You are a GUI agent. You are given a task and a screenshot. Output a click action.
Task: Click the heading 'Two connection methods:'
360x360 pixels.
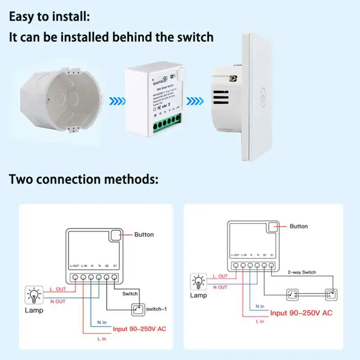tap(84, 179)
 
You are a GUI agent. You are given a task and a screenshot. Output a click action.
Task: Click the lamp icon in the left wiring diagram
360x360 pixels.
tap(34, 295)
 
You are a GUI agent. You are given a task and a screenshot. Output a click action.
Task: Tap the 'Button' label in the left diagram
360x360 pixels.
tap(144, 234)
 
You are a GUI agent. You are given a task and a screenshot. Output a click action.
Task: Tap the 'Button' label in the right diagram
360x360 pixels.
tap(299, 226)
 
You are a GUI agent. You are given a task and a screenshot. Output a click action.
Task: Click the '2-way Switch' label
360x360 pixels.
tap(302, 272)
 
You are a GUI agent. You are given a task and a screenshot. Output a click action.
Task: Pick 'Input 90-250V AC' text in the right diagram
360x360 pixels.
tap(301, 313)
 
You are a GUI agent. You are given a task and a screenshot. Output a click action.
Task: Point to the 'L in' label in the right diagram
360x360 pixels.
tap(260, 321)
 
